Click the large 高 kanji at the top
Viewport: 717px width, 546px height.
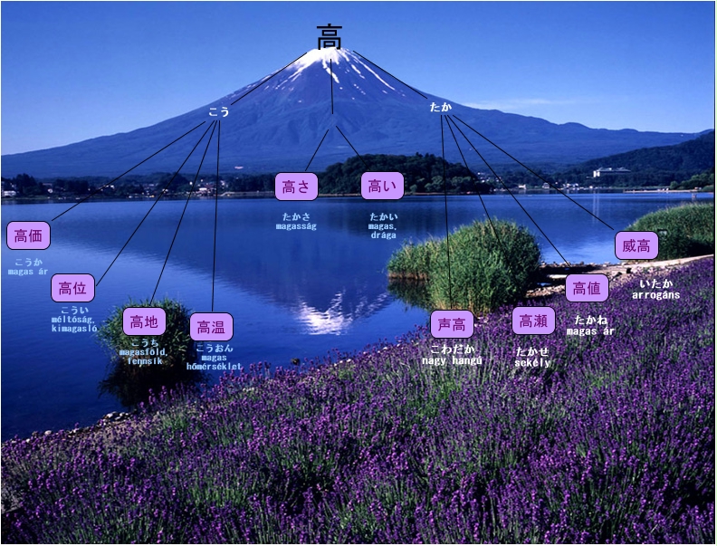click(330, 37)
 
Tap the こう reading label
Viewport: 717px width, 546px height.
click(219, 112)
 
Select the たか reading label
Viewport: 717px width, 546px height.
click(440, 107)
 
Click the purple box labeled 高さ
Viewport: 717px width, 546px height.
click(296, 187)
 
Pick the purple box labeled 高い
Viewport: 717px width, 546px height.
click(382, 187)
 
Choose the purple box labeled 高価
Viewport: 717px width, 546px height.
click(28, 235)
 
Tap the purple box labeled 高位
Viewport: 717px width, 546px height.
click(72, 288)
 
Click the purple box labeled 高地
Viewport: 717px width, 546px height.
click(144, 321)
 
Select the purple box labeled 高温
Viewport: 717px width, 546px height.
click(212, 326)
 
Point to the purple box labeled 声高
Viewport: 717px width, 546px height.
click(452, 324)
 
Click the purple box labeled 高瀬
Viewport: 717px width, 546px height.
click(533, 321)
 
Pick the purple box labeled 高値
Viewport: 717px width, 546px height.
click(587, 288)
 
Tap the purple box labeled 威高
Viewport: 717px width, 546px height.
click(636, 244)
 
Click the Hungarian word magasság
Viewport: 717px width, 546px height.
click(296, 226)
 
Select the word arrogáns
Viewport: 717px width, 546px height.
click(655, 295)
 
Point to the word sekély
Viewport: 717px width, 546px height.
click(532, 362)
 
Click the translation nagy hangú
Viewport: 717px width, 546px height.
click(452, 360)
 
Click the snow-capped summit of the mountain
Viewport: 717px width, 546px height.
click(323, 57)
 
